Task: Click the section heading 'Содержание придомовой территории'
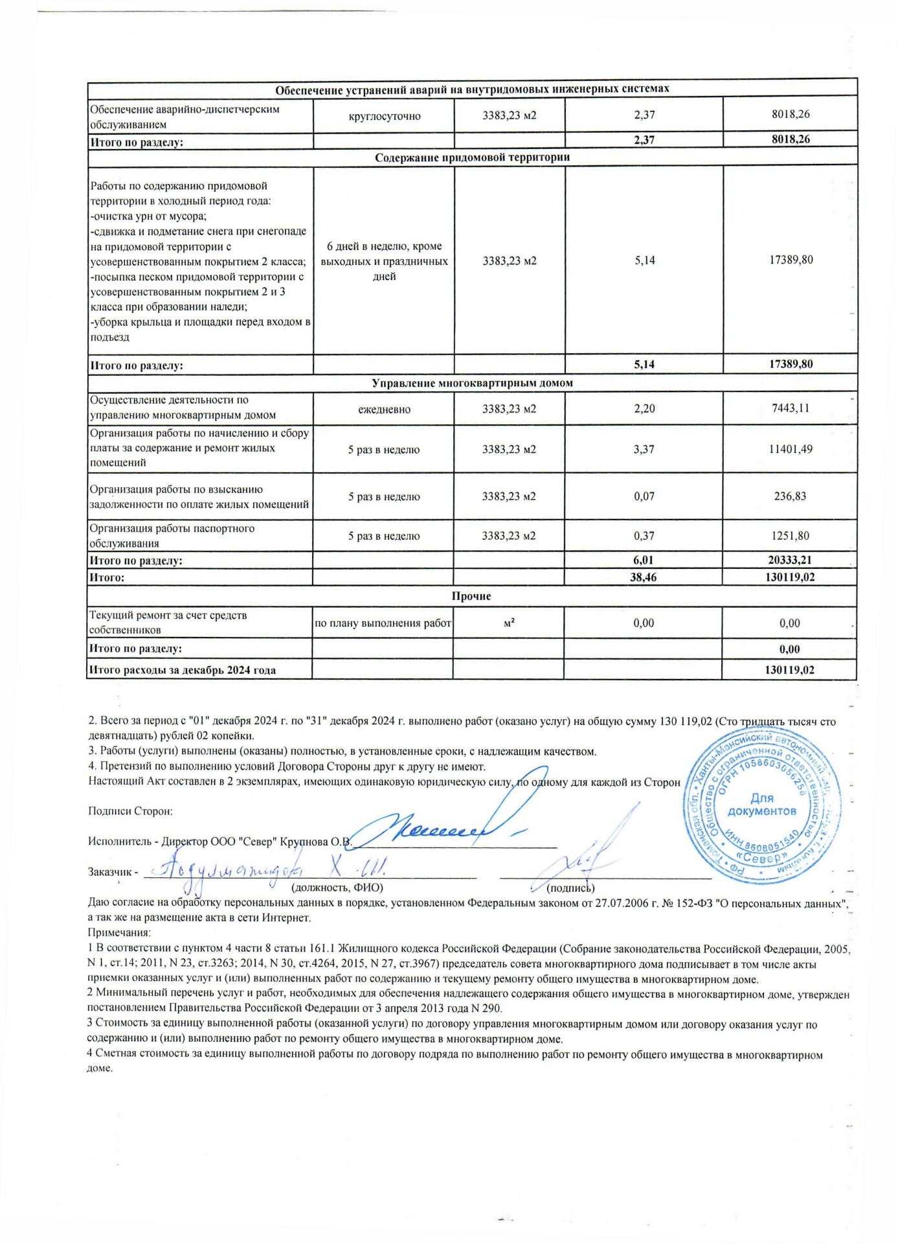tap(472, 157)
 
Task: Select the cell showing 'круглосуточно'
tap(384, 117)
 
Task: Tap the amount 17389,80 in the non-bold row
tap(791, 260)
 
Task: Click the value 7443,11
tap(791, 408)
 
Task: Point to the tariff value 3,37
tap(644, 449)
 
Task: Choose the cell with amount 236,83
tap(791, 496)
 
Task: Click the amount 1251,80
tap(791, 536)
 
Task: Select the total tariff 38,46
tap(644, 577)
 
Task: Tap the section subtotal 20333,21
tap(790, 560)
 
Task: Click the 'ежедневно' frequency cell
tap(384, 409)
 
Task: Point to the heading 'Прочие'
tap(471, 596)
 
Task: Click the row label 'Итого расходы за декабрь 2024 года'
tap(183, 670)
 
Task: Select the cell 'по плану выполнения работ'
tap(383, 623)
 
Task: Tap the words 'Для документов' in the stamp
tap(761, 805)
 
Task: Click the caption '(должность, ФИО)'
tap(337, 888)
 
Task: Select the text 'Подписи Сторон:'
tap(130, 811)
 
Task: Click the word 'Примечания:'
tap(119, 933)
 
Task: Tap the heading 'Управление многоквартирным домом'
tap(472, 383)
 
